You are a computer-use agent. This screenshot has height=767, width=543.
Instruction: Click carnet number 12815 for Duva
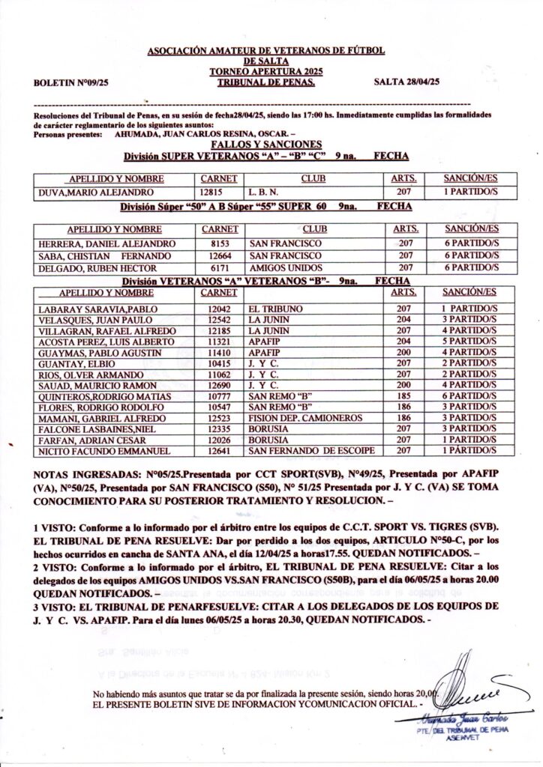(x=218, y=192)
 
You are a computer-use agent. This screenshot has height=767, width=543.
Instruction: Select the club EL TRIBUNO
(x=276, y=308)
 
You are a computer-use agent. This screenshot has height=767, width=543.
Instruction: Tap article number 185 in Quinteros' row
(x=404, y=396)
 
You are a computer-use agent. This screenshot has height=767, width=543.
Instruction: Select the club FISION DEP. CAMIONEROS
(x=306, y=418)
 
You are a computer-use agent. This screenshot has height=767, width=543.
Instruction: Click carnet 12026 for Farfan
(x=218, y=440)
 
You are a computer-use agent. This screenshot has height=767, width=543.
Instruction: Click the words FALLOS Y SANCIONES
(x=266, y=145)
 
